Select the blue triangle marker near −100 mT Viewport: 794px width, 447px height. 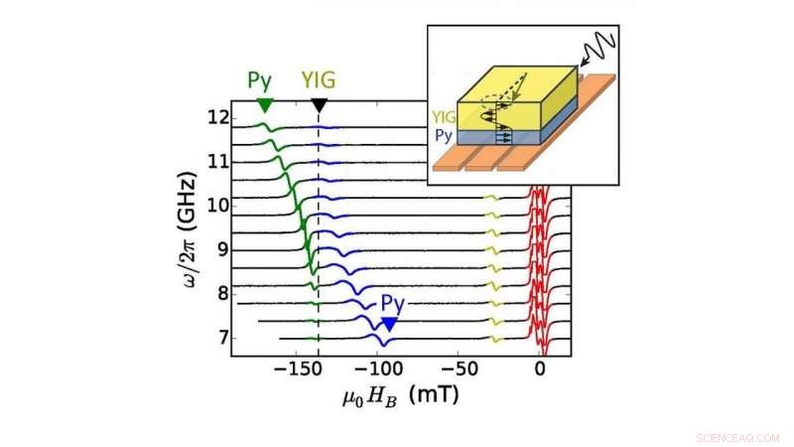pyautogui.click(x=390, y=325)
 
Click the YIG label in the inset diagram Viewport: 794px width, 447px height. pyautogui.click(x=443, y=115)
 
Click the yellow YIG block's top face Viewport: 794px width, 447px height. pyautogui.click(x=517, y=86)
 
